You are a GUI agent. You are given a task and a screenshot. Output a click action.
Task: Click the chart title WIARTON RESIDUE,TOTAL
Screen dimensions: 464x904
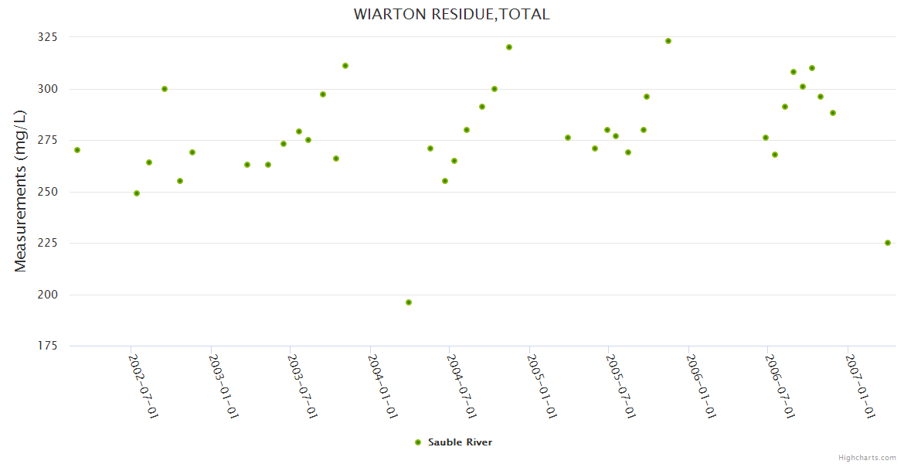point(451,14)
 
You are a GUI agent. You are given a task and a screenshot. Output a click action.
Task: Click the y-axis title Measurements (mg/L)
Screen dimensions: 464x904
point(21,191)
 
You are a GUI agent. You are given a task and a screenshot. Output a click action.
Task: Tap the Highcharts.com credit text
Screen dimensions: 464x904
point(867,458)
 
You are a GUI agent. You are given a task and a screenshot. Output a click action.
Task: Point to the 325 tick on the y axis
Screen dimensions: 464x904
point(48,37)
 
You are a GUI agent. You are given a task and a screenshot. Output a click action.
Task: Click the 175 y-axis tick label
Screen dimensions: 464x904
point(48,346)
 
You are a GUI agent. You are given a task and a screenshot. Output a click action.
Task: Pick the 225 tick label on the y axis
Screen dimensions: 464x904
point(48,243)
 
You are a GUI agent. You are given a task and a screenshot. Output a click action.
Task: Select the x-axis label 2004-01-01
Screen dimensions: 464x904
point(382,386)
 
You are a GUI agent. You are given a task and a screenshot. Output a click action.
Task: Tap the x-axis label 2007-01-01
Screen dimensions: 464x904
point(860,386)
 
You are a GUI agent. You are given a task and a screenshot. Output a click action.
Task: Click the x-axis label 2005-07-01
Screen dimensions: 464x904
point(621,386)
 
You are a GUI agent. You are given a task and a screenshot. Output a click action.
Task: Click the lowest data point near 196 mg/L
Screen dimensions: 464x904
point(409,302)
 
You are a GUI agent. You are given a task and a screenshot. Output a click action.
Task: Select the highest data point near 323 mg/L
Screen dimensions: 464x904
point(668,41)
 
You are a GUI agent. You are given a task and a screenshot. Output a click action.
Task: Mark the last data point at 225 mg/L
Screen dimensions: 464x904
point(888,243)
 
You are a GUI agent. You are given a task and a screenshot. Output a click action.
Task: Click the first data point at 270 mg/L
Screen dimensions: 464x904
point(77,150)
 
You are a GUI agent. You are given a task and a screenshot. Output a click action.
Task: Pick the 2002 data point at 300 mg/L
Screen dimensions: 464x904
point(165,89)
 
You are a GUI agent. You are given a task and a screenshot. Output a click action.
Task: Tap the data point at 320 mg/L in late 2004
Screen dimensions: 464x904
point(509,47)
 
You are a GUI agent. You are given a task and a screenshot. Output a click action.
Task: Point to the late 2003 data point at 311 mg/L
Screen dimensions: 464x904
point(345,66)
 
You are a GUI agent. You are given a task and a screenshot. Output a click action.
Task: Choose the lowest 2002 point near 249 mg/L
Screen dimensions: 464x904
point(137,193)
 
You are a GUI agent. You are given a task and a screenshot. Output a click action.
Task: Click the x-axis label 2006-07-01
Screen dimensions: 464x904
point(780,386)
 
